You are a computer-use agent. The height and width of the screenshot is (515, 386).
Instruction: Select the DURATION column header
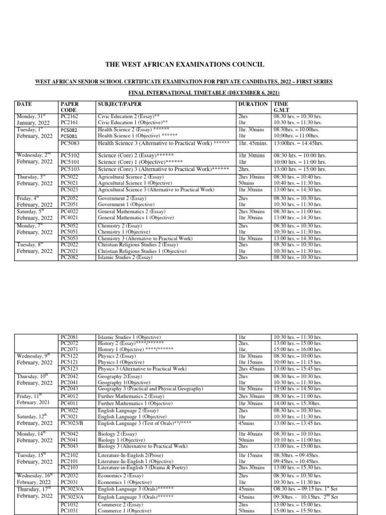(x=252, y=104)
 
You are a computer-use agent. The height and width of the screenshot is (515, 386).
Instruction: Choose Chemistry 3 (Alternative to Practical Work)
(x=145, y=238)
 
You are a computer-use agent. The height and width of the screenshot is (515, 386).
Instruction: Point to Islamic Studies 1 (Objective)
(x=129, y=337)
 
